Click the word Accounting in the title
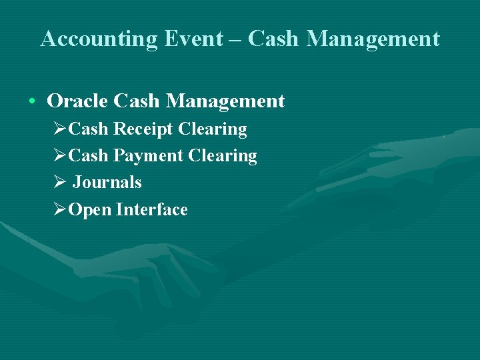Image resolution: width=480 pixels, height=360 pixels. (x=99, y=39)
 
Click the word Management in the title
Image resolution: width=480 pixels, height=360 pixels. (x=373, y=39)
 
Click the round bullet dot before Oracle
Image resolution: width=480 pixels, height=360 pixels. (x=32, y=102)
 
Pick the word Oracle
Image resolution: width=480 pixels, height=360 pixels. (x=77, y=101)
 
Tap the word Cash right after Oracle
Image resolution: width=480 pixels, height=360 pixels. (x=137, y=101)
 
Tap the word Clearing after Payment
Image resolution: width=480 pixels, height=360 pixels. (x=223, y=156)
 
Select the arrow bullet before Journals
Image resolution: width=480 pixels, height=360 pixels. (x=59, y=183)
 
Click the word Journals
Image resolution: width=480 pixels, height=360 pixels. (x=107, y=183)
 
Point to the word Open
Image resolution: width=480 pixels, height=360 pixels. (x=90, y=210)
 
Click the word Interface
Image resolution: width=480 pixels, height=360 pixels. (x=152, y=210)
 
